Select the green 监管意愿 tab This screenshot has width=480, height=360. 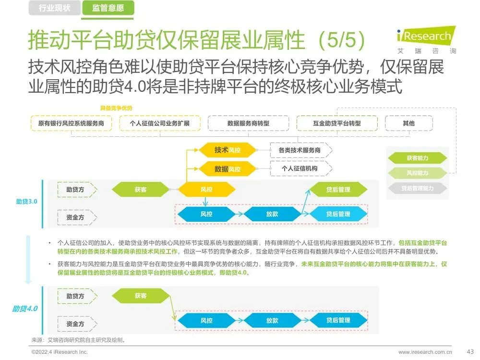click(x=108, y=8)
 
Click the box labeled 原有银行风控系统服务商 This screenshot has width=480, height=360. click(x=71, y=123)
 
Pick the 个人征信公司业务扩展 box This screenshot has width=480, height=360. click(x=160, y=123)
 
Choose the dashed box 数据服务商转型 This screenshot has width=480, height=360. click(x=248, y=123)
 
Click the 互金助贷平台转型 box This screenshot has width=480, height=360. click(x=337, y=123)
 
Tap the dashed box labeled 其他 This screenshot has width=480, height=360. click(x=409, y=123)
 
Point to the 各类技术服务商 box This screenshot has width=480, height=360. click(x=300, y=150)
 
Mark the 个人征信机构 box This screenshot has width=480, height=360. click(x=300, y=168)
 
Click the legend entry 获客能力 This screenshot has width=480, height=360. click(x=417, y=158)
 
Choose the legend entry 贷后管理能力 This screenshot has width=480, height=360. click(x=417, y=189)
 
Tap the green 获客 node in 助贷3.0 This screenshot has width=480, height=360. click(x=141, y=190)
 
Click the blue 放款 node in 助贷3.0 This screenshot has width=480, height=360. click(x=272, y=214)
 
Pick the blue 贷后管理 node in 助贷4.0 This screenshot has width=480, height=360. click(x=338, y=320)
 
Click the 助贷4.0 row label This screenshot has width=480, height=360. click(x=25, y=309)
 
